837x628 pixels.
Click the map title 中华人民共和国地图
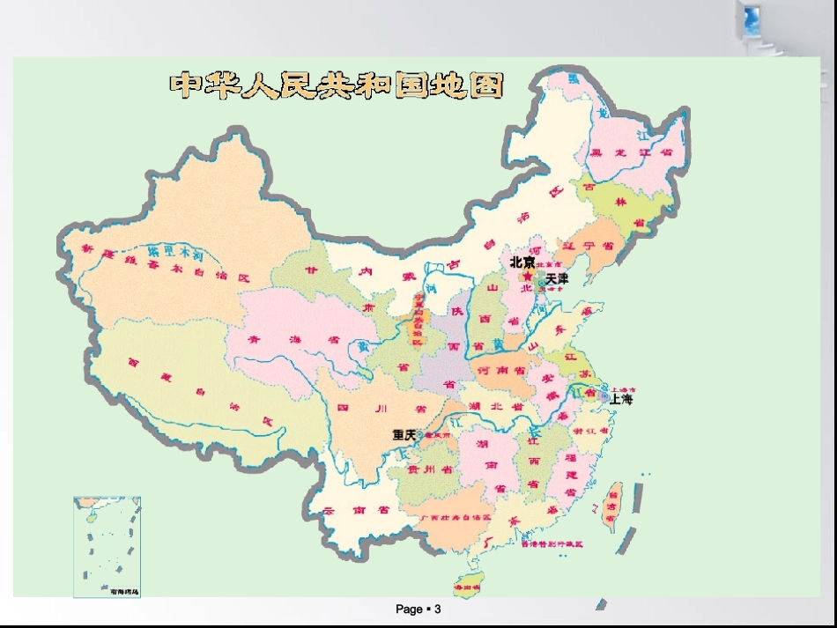point(337,85)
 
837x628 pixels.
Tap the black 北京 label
point(522,262)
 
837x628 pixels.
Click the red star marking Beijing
point(527,276)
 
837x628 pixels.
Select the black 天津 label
point(557,278)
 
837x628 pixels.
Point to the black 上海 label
point(621,399)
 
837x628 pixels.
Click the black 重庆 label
point(404,434)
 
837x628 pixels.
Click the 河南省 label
point(500,372)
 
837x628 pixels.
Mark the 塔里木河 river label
point(176,254)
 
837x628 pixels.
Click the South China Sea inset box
point(107,547)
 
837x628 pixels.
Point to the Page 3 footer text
point(418,610)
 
